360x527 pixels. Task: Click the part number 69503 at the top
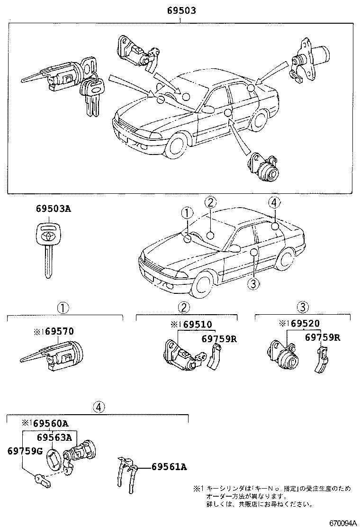(x=181, y=10)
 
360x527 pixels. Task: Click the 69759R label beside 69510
(x=218, y=338)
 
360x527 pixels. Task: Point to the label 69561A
(x=169, y=467)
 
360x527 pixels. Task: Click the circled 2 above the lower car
(x=211, y=202)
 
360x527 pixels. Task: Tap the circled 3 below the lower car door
(x=253, y=283)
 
